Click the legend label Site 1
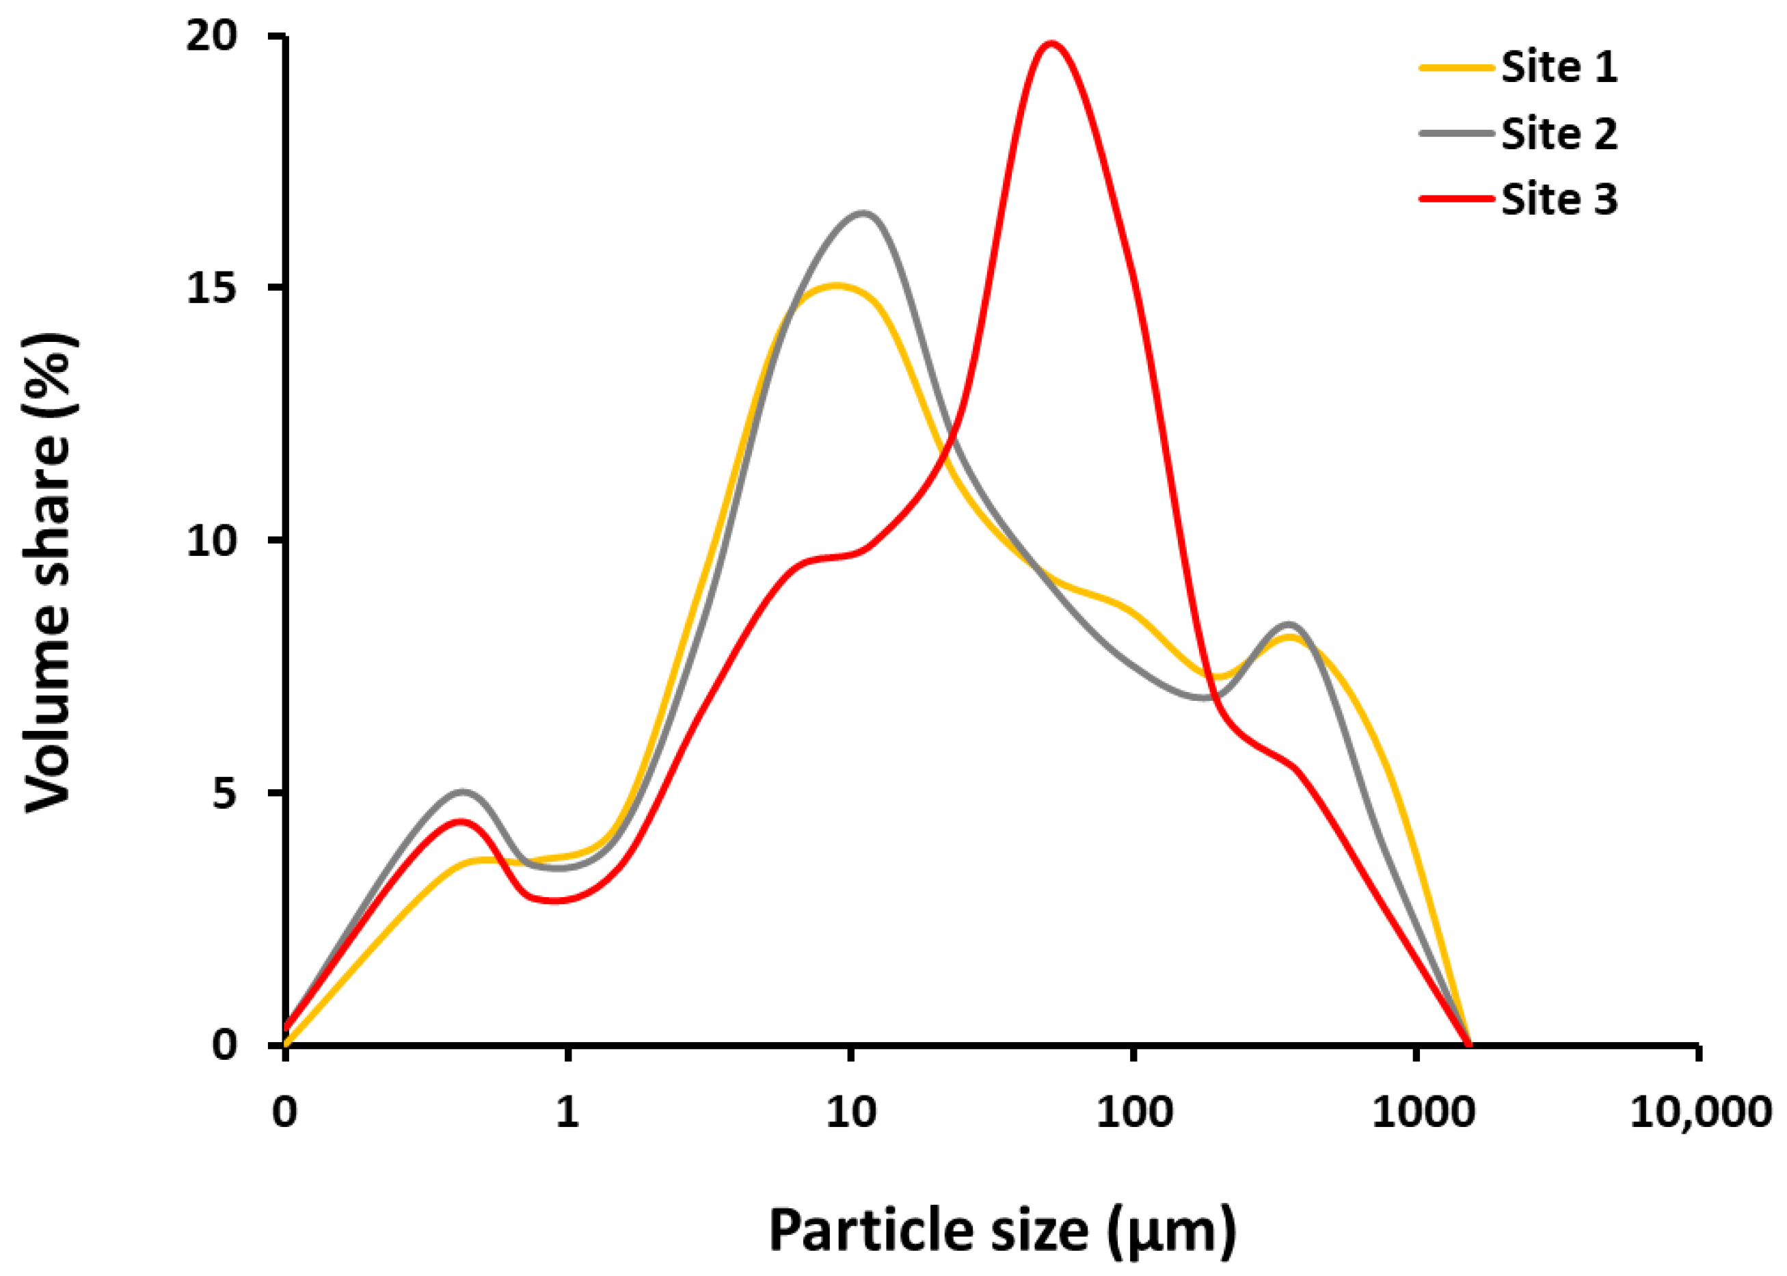coord(1559,67)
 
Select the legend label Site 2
coord(1559,133)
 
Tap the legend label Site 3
coord(1559,199)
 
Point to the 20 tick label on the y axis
coord(211,37)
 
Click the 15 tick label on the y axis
coord(211,289)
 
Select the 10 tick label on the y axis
coord(211,542)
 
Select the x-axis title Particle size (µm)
coord(1002,1230)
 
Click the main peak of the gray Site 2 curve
coord(863,213)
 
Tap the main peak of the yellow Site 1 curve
coord(837,286)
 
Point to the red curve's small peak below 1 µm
coord(462,822)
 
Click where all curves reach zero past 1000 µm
coord(1470,1045)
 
